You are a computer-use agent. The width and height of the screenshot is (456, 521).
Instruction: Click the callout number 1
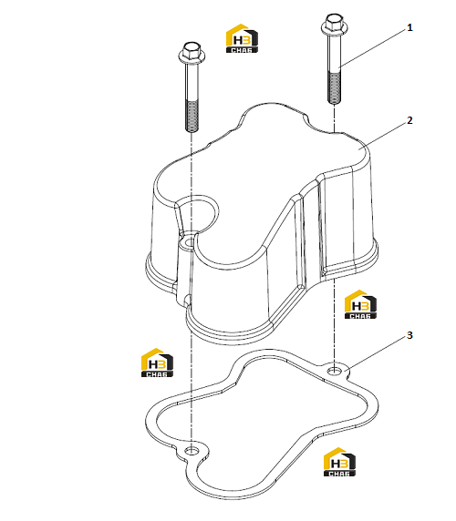(x=409, y=27)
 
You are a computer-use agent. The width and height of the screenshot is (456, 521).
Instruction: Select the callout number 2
(x=409, y=120)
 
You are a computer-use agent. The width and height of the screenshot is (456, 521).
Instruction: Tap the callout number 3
(x=409, y=335)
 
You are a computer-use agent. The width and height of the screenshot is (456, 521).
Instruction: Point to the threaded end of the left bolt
(x=192, y=116)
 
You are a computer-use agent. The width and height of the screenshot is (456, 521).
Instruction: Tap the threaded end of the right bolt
(x=334, y=87)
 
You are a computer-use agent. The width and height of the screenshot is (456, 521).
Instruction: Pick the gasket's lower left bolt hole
(x=192, y=451)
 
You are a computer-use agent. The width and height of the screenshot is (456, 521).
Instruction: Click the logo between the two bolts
(x=242, y=38)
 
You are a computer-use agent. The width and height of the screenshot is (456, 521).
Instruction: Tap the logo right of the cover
(x=360, y=304)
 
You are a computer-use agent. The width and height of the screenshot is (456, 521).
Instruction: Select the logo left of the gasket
(x=157, y=363)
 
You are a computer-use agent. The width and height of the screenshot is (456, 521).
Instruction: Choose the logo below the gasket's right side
(x=339, y=462)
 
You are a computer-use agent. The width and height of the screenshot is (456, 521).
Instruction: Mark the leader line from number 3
(x=376, y=353)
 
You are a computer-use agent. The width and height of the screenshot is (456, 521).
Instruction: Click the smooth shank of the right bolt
(x=334, y=54)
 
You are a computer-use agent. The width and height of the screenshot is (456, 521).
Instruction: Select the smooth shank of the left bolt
(x=192, y=81)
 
